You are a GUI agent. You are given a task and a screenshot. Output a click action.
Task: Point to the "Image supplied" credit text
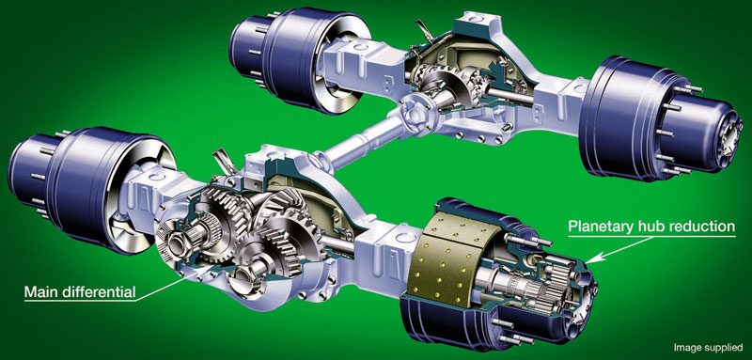pyautogui.click(x=709, y=347)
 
